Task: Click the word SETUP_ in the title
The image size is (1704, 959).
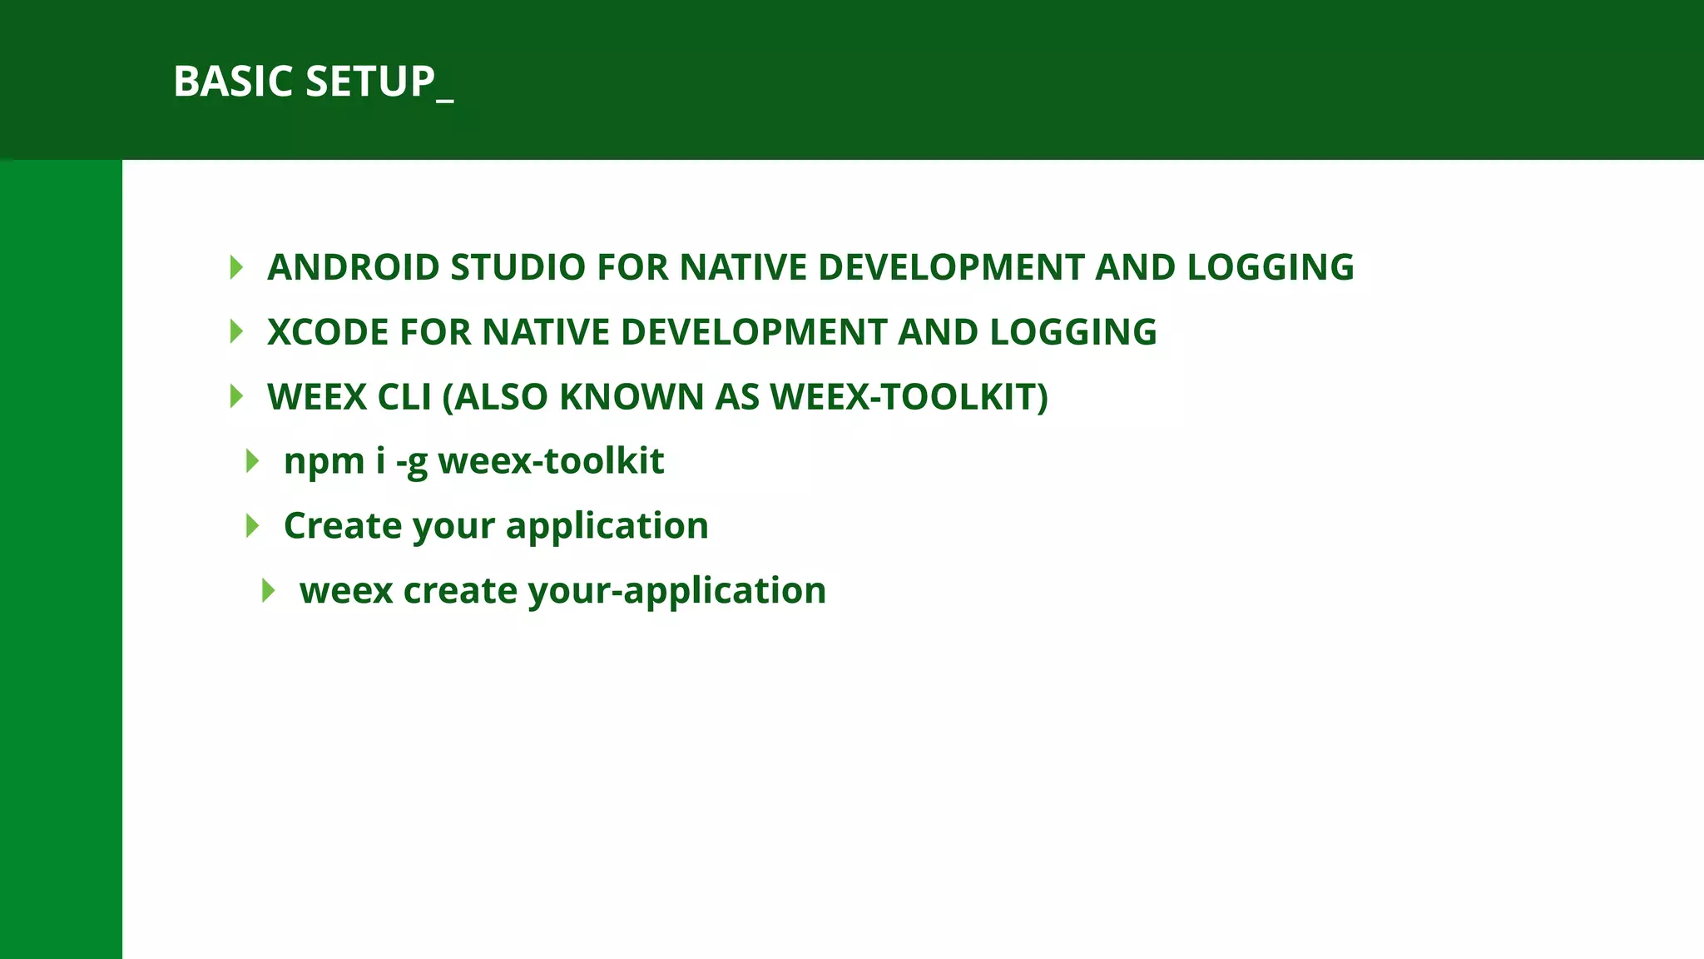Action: point(379,82)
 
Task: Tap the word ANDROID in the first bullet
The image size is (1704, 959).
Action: point(354,267)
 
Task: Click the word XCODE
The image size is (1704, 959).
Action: point(328,332)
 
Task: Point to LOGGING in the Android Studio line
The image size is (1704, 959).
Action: point(1271,267)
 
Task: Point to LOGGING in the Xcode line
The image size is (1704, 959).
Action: point(1073,332)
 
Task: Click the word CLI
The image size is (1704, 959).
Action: point(404,397)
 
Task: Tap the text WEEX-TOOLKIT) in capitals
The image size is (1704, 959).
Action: point(909,397)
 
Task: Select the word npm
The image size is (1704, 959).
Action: point(324,462)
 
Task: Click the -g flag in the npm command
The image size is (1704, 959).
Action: point(411,462)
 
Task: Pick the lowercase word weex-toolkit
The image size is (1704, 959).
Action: point(551,461)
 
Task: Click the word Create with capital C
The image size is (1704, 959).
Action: point(343,526)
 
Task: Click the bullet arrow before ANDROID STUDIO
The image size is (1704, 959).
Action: point(236,267)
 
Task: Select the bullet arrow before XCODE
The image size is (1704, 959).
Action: point(236,332)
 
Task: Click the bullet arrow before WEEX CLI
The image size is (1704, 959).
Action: point(236,396)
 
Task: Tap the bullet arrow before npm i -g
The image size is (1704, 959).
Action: point(253,461)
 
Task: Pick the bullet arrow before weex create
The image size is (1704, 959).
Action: point(268,590)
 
